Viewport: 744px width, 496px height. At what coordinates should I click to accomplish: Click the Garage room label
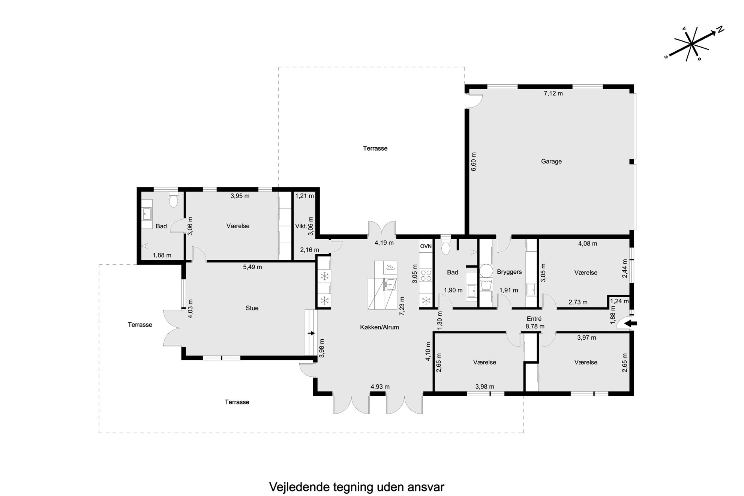[551, 162]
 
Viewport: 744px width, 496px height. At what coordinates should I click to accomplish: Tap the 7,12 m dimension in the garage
[553, 93]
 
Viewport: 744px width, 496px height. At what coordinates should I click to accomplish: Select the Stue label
[252, 308]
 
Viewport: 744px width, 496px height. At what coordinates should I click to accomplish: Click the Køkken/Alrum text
[379, 327]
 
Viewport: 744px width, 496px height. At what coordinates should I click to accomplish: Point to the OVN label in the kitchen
[426, 246]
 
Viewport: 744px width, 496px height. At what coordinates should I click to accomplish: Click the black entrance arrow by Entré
[631, 324]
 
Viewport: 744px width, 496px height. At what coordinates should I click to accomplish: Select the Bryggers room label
[509, 272]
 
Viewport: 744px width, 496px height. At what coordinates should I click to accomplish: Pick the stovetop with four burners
[426, 276]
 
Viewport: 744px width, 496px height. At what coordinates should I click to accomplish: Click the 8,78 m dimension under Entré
[535, 327]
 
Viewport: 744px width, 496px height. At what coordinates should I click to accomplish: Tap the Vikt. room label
[301, 226]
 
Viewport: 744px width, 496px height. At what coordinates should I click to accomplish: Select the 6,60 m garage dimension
[474, 162]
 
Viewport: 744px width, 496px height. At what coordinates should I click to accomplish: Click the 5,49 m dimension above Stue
[252, 267]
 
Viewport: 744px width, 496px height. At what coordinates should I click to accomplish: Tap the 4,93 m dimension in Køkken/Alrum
[380, 387]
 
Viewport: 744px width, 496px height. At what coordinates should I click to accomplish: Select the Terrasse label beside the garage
[375, 148]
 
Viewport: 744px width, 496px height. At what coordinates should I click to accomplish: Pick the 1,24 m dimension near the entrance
[619, 301]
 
